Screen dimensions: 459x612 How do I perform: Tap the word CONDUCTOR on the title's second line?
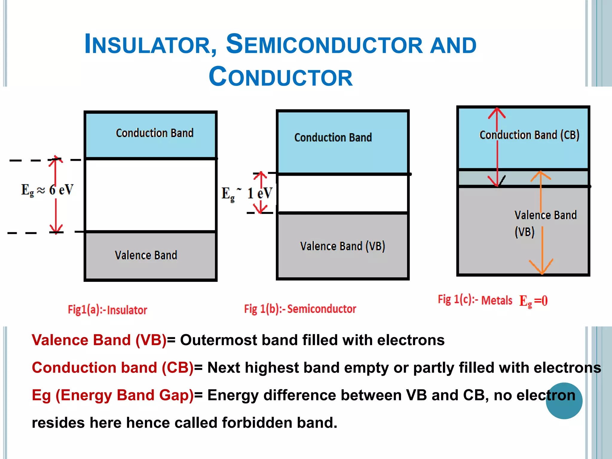click(x=281, y=77)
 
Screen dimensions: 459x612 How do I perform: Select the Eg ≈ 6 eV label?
click(x=47, y=190)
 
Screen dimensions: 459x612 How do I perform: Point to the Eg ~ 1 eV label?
click(x=247, y=194)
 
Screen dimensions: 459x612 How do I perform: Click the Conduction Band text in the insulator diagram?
click(x=154, y=133)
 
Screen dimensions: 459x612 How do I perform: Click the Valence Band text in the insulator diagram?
click(x=146, y=255)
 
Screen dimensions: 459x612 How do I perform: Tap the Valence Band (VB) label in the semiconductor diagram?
click(x=342, y=246)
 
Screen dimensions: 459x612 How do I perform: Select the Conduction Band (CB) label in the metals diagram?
click(x=529, y=135)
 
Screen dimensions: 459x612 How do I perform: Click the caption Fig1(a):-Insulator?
click(x=107, y=310)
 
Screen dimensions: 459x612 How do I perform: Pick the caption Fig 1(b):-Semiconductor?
click(x=300, y=309)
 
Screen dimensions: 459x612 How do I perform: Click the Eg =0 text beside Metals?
click(x=533, y=301)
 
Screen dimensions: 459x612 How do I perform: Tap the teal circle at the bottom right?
click(x=564, y=401)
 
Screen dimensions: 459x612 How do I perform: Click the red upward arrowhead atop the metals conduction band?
click(x=497, y=113)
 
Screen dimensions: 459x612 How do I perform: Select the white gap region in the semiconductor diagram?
click(x=342, y=194)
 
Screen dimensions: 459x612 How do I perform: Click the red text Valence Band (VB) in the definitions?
click(x=99, y=340)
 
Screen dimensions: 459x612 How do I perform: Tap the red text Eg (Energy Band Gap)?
click(x=113, y=395)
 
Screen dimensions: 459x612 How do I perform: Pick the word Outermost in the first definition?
click(x=218, y=340)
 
